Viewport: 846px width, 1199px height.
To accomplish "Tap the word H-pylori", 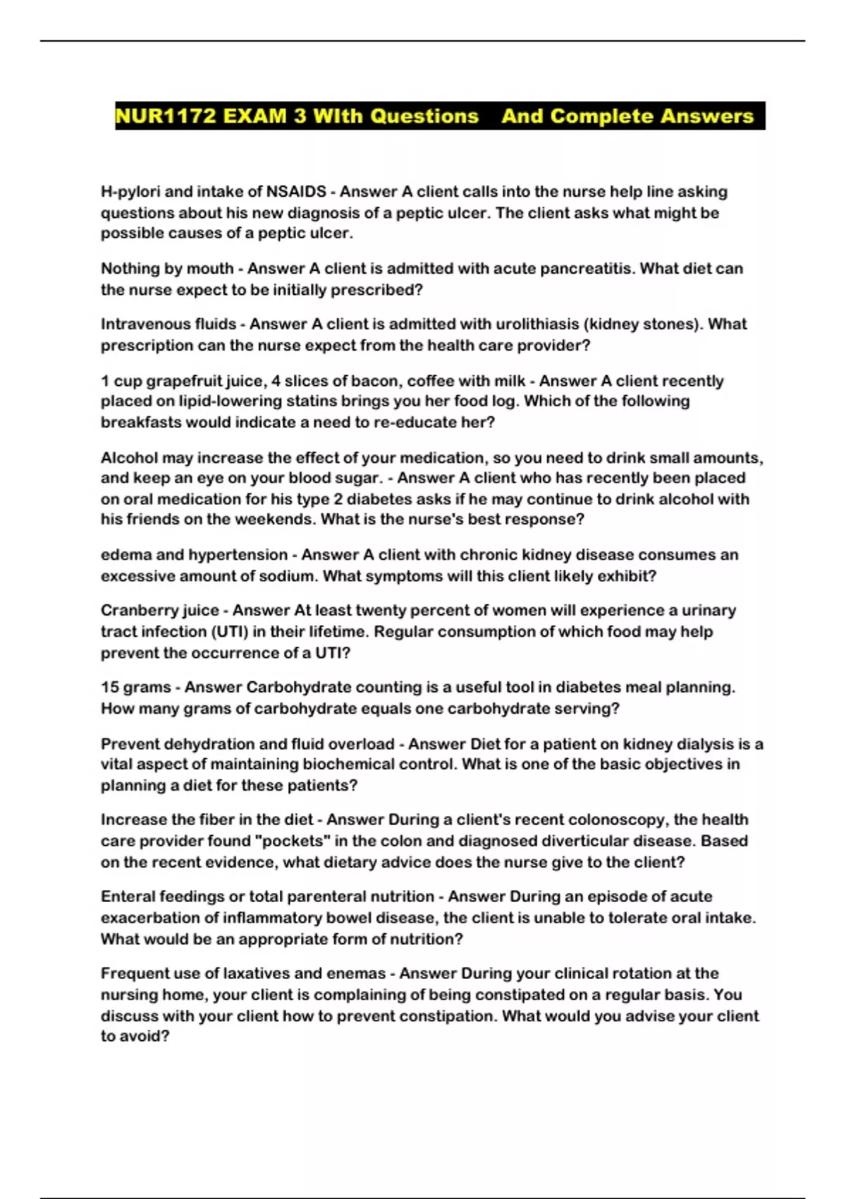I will tap(130, 192).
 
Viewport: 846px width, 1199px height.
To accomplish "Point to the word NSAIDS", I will tap(296, 192).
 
